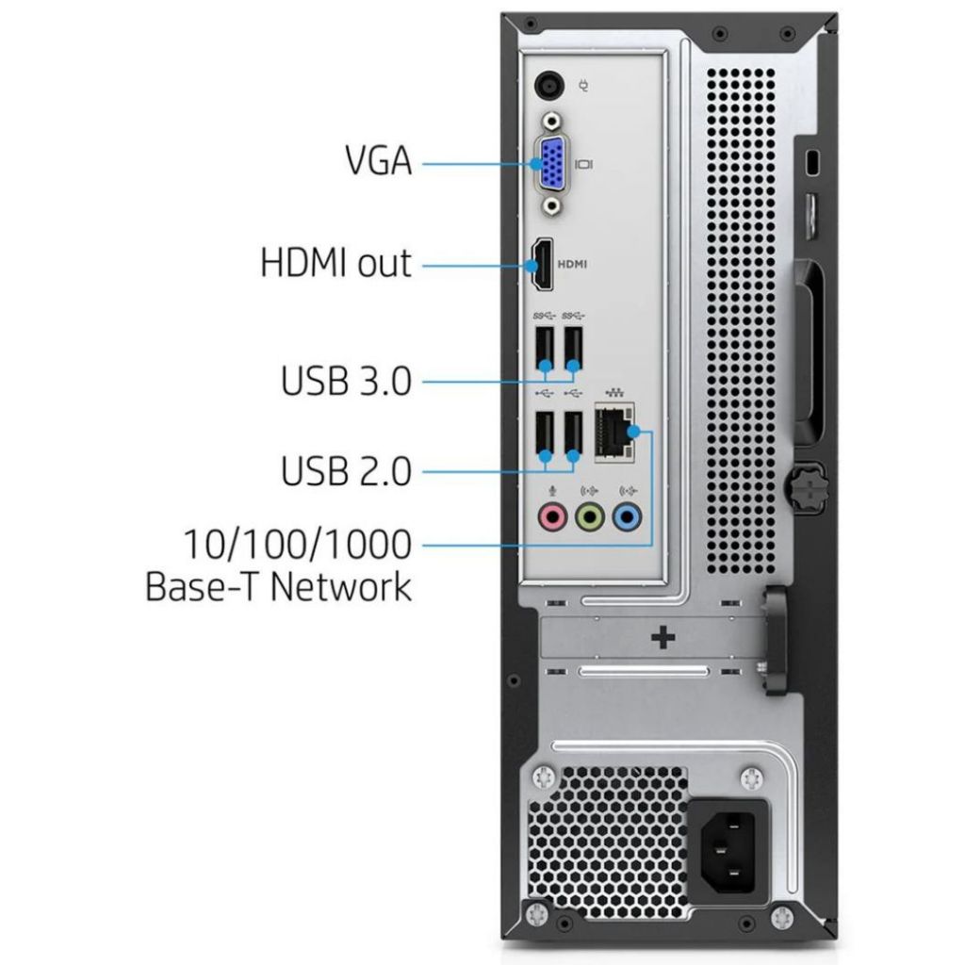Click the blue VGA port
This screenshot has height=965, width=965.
click(550, 164)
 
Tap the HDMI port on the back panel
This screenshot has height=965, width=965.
click(543, 263)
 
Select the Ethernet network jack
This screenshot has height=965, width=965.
click(615, 433)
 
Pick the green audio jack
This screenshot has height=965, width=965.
click(589, 516)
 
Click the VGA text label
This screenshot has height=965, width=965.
click(377, 160)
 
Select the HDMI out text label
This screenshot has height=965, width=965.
click(336, 262)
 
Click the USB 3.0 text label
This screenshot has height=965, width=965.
click(347, 382)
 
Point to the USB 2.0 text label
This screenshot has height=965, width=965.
click(347, 470)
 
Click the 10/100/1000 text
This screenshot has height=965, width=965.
click(298, 544)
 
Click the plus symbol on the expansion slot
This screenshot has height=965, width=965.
click(663, 638)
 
